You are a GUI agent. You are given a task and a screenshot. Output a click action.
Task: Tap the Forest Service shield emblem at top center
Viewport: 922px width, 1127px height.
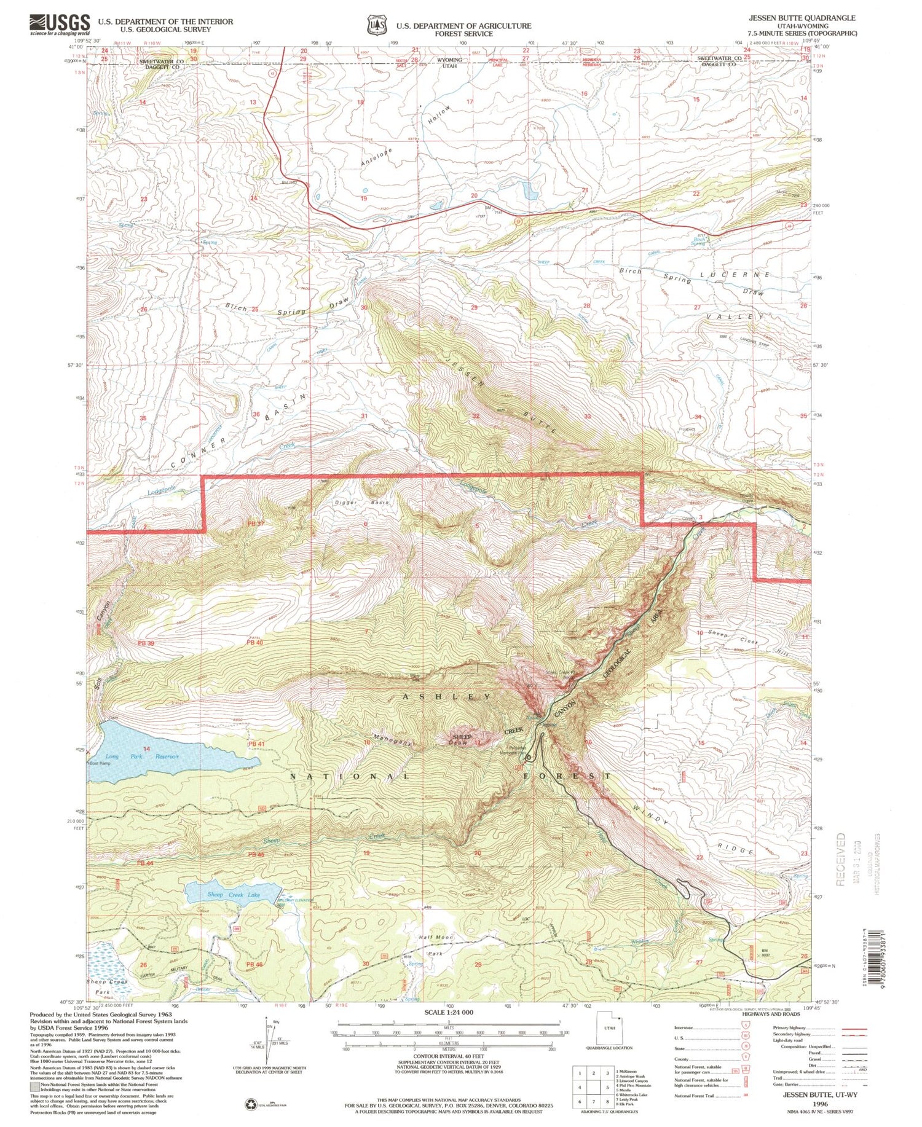pos(376,25)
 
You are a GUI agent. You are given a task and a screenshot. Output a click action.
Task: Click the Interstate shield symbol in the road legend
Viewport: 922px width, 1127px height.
pos(747,1027)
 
